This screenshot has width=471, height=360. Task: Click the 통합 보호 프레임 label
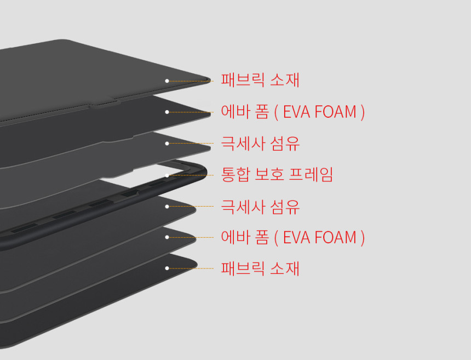coord(277,175)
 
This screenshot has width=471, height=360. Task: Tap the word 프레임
coord(311,175)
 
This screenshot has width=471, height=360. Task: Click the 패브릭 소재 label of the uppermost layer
coord(260,80)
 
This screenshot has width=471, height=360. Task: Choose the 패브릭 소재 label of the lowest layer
coord(260,268)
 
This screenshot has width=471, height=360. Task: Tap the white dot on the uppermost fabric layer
coord(167,81)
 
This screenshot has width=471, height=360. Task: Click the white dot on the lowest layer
coord(167,268)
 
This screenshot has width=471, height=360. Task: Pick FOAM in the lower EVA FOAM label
coord(336,237)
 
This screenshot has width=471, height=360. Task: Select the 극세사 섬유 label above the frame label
coord(260,143)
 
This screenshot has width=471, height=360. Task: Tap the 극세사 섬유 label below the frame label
coord(260,207)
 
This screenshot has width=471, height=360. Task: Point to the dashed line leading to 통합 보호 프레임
coord(191,175)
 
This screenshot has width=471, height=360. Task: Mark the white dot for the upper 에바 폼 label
coord(167,112)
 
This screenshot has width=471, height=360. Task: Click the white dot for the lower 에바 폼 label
coord(167,237)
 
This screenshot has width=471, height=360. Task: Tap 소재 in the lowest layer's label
coord(285,268)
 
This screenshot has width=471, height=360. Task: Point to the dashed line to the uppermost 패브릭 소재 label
coord(191,81)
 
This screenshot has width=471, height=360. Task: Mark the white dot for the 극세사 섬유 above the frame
coord(167,144)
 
